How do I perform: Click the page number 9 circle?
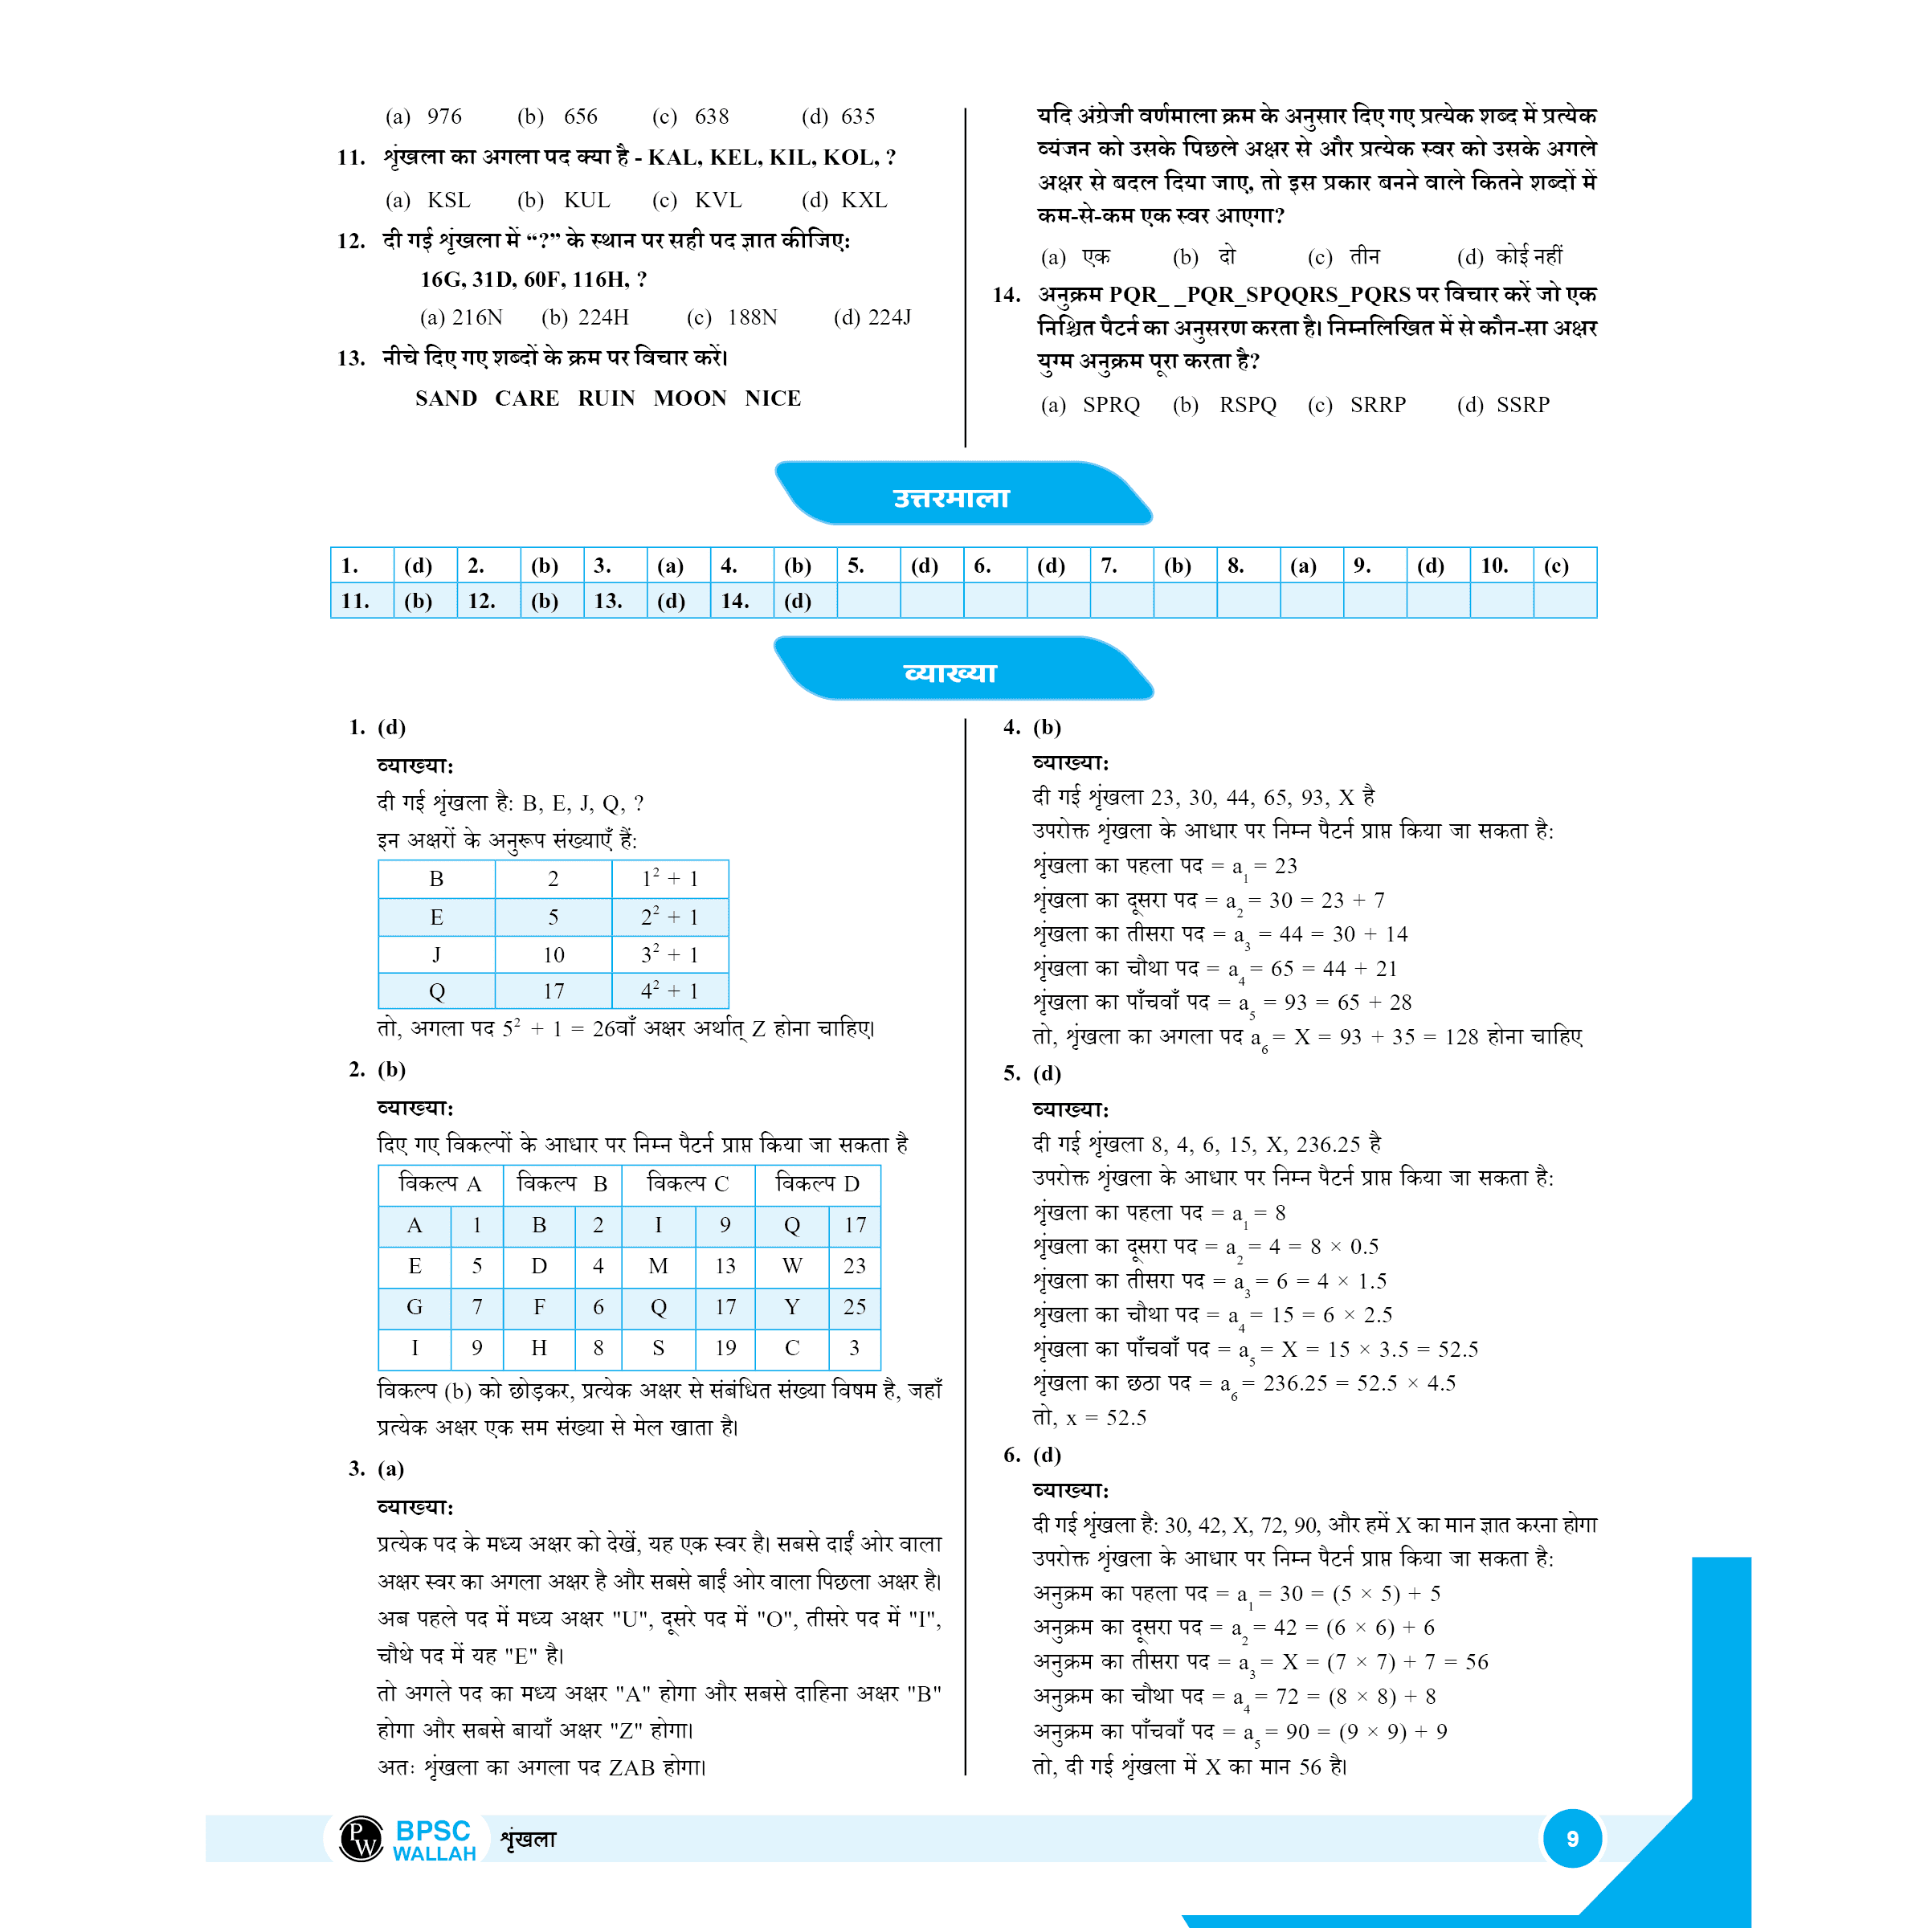(x=1572, y=1838)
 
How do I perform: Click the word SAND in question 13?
(x=446, y=398)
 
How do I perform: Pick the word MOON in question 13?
(x=689, y=398)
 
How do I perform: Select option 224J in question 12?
(x=889, y=317)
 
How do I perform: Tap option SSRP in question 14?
(x=1523, y=404)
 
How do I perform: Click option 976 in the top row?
(x=444, y=116)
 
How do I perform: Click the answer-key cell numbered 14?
(x=736, y=601)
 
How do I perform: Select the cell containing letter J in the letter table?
(x=436, y=954)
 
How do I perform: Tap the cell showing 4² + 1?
(x=670, y=991)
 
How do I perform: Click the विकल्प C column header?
(x=688, y=1183)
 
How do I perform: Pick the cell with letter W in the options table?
(x=792, y=1265)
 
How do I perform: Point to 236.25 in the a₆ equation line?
(x=1295, y=1382)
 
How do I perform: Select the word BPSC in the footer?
(x=432, y=1830)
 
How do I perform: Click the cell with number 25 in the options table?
(x=854, y=1306)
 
